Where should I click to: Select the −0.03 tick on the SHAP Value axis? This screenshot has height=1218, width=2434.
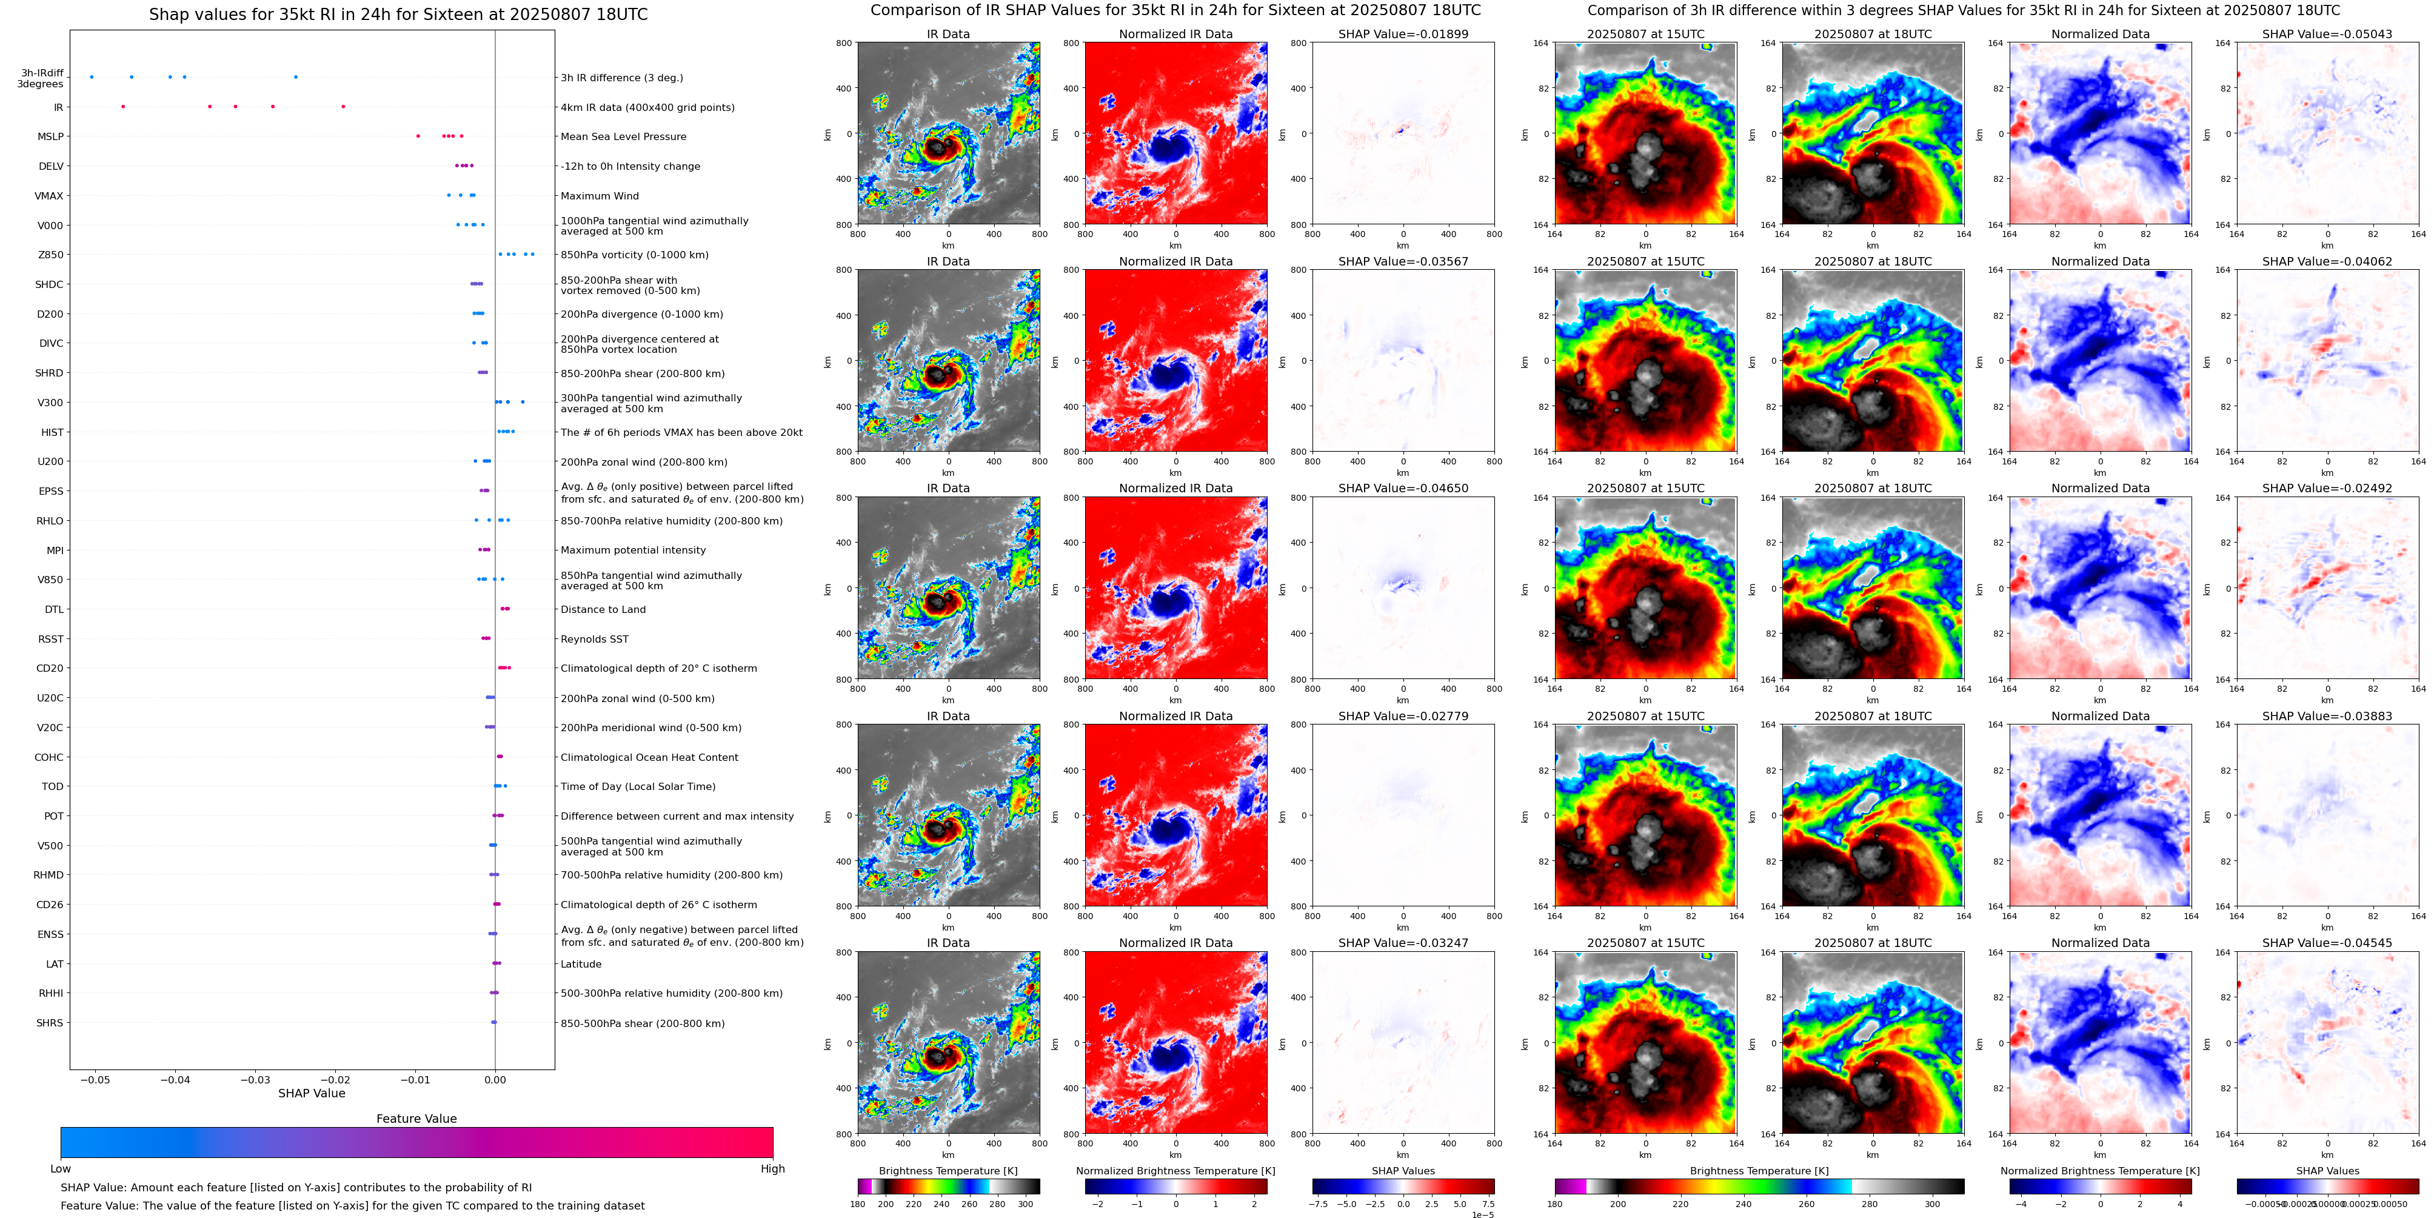(255, 1079)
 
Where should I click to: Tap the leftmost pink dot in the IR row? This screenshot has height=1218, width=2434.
(123, 107)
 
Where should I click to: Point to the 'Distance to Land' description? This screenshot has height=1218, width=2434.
(603, 609)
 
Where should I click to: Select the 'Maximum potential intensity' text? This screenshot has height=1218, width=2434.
(633, 550)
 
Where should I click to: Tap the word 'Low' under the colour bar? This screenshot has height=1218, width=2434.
(61, 1169)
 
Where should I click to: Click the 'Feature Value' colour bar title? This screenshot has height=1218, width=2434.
(416, 1119)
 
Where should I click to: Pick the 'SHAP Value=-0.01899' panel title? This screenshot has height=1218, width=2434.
(1403, 34)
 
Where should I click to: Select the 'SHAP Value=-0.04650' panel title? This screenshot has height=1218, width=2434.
(1403, 489)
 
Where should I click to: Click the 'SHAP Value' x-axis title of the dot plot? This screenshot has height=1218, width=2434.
(311, 1093)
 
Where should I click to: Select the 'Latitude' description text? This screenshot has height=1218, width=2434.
(581, 965)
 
